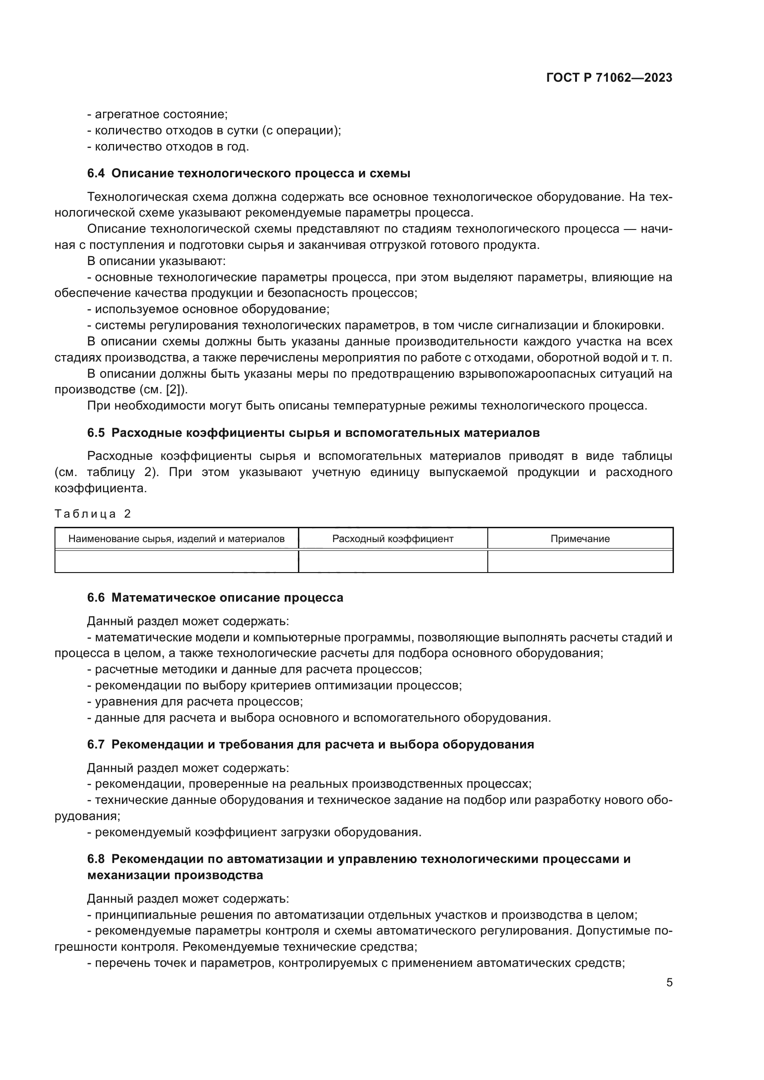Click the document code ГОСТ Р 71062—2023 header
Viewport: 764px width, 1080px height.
point(609,78)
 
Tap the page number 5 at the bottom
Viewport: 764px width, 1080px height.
point(669,983)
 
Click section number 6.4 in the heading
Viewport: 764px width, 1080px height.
point(96,174)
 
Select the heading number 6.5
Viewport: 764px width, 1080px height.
point(96,433)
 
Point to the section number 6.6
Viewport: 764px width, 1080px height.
point(96,598)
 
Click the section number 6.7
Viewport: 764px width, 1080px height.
point(96,745)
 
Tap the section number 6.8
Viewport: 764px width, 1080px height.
point(96,859)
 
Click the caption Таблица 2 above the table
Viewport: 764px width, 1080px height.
point(93,513)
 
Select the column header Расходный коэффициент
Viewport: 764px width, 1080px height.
point(393,539)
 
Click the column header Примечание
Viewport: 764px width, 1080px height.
point(580,539)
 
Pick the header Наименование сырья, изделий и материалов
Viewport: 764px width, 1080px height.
point(176,539)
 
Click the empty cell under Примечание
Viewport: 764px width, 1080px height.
point(580,561)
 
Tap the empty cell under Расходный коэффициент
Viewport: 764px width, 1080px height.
point(393,561)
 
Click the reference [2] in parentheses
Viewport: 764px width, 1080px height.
point(173,390)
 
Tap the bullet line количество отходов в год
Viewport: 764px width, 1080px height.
point(168,147)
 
